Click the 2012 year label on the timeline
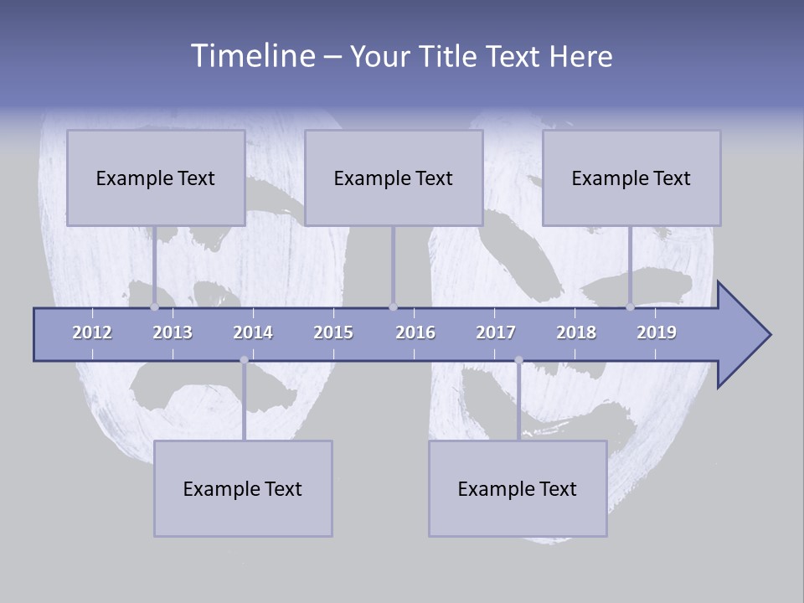point(92,332)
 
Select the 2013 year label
point(173,332)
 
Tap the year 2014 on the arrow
point(253,332)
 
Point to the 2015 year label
point(333,332)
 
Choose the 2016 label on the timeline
point(415,332)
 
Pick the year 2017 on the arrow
point(496,332)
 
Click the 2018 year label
point(576,332)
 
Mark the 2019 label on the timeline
point(657,332)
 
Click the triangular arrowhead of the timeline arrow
point(742,335)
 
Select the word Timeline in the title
point(251,56)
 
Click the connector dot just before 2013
point(155,307)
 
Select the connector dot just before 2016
point(394,307)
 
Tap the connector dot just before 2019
point(631,307)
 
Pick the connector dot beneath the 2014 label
point(244,360)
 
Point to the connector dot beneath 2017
point(518,360)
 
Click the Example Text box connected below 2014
point(243,488)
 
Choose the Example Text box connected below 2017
point(518,488)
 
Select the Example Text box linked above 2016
point(394,178)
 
